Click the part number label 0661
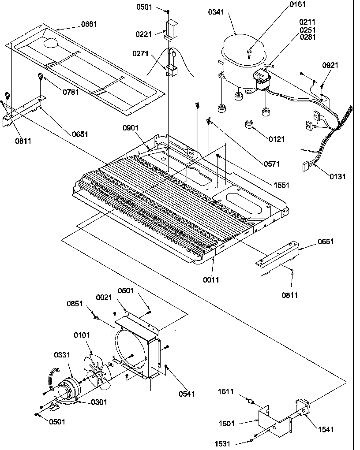point(89,24)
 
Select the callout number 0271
point(141,53)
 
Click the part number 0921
point(330,65)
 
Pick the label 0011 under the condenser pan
point(211,279)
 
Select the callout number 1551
point(281,185)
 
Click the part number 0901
point(131,128)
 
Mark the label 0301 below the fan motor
point(99,402)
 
